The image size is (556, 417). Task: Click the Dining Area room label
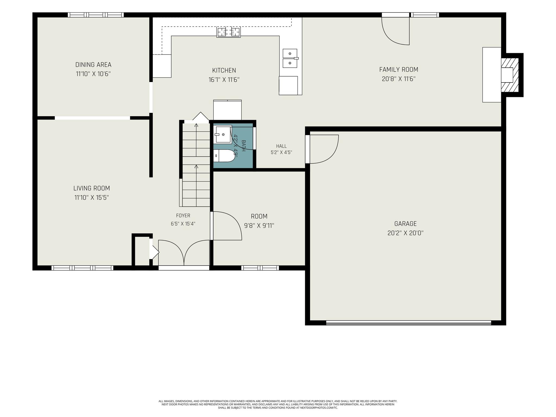pyautogui.click(x=93, y=65)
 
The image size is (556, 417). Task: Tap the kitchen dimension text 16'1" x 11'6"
pyautogui.click(x=224, y=80)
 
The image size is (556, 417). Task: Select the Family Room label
pyautogui.click(x=399, y=69)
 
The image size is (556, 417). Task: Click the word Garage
pyautogui.click(x=405, y=224)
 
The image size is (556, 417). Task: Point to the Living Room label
pyautogui.click(x=92, y=188)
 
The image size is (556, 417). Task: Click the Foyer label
pyautogui.click(x=183, y=216)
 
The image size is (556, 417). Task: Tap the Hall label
pyautogui.click(x=282, y=146)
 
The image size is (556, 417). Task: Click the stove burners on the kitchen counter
pyautogui.click(x=229, y=32)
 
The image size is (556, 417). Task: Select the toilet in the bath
pyautogui.click(x=224, y=156)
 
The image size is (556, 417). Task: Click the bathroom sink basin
pyautogui.click(x=223, y=134)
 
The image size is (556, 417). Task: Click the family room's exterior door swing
pyautogui.click(x=395, y=31)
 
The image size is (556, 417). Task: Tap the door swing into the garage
pyautogui.click(x=324, y=149)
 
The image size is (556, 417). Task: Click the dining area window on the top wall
pyautogui.click(x=96, y=15)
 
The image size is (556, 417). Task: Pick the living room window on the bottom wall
pyautogui.click(x=82, y=268)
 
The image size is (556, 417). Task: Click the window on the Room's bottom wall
pyautogui.click(x=260, y=268)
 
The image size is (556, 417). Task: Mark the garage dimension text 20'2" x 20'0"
pyautogui.click(x=406, y=233)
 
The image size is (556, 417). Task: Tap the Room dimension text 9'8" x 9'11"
pyautogui.click(x=259, y=226)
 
